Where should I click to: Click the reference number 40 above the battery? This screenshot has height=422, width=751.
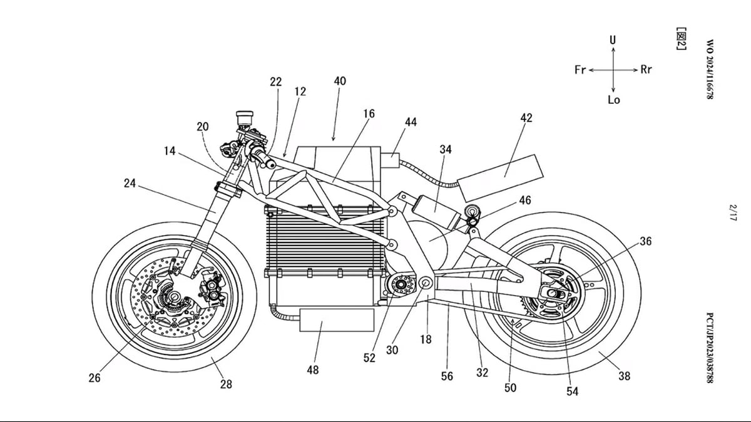[x=340, y=81]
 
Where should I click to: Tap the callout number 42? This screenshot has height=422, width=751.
[x=526, y=118]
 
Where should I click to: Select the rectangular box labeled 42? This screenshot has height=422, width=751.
[x=501, y=178]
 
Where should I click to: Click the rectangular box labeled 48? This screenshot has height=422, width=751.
[x=337, y=320]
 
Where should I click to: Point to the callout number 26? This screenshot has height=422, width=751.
[x=95, y=378]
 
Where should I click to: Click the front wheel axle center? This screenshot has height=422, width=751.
[x=175, y=296]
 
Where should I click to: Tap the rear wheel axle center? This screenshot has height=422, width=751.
[x=553, y=294]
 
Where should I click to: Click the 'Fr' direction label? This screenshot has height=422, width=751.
[x=580, y=69]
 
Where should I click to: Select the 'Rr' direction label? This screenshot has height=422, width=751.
[x=646, y=69]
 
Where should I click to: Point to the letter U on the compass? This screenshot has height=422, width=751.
[x=613, y=40]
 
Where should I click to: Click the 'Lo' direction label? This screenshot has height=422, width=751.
[x=614, y=100]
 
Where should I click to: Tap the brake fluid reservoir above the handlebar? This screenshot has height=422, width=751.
[x=245, y=118]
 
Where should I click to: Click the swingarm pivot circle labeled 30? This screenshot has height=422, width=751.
[x=426, y=284]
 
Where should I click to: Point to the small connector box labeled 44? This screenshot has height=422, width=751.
[x=390, y=161]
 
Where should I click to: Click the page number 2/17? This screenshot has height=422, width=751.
[x=733, y=213]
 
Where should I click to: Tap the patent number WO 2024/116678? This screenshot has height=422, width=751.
[x=710, y=69]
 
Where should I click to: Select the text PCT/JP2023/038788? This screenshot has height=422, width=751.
[x=710, y=348]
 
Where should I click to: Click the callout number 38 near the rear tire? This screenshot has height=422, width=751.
[x=625, y=376]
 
